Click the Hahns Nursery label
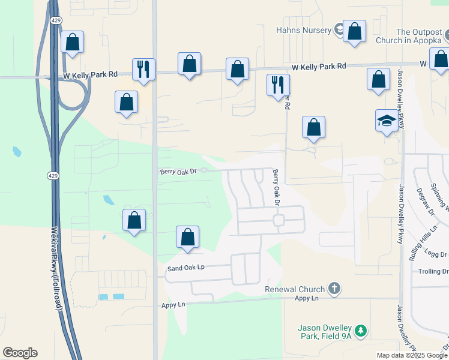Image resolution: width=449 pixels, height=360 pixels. tap(304, 30)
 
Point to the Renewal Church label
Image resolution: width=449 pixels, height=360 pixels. tap(295, 289)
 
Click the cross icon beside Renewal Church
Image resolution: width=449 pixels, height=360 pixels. tap(334, 289)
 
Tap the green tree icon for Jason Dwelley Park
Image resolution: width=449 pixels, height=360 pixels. tap(360, 331)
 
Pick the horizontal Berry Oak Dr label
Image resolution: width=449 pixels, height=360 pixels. tap(178, 172)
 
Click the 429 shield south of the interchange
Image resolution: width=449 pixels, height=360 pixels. tap(53, 175)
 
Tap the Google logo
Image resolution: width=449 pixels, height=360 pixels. tap(20, 353)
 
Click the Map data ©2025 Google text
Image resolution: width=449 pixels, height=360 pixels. tap(412, 355)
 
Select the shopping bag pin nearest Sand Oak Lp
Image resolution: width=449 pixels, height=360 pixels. tap(188, 237)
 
